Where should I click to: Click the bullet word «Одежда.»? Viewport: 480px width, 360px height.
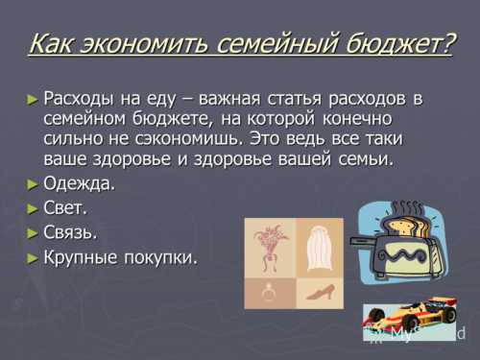pyautogui.click(x=80, y=183)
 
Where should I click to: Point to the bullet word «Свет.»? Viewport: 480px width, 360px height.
pyautogui.click(x=66, y=207)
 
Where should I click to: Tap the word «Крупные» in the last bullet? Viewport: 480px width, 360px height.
pyautogui.click(x=80, y=256)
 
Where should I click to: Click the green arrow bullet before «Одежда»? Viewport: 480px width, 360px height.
pyautogui.click(x=33, y=183)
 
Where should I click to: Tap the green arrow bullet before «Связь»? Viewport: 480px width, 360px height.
pyautogui.click(x=33, y=231)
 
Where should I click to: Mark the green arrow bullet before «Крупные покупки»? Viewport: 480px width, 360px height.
pyautogui.click(x=33, y=256)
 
